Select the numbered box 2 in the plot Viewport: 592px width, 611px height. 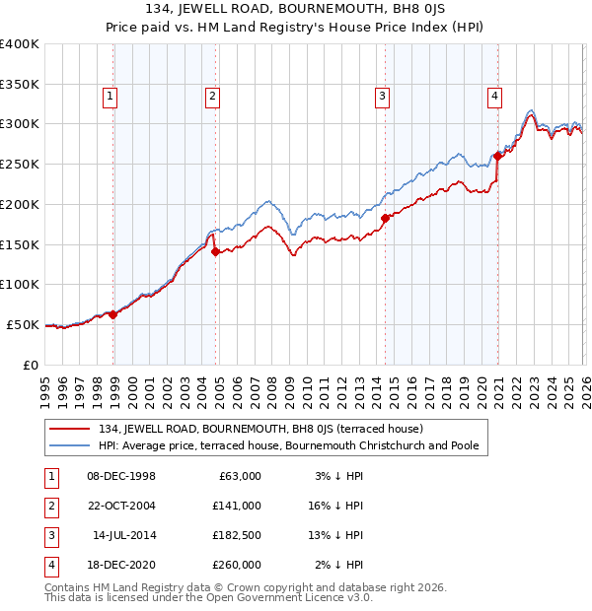(212, 97)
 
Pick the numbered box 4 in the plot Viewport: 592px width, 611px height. (493, 97)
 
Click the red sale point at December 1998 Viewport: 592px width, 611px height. (113, 315)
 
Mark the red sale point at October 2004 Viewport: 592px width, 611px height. (215, 252)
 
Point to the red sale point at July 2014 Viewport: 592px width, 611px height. (385, 219)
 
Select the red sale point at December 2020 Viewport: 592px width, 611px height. (497, 156)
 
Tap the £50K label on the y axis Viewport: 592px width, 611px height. (23, 324)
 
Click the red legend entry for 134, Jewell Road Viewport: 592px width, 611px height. (260, 429)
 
